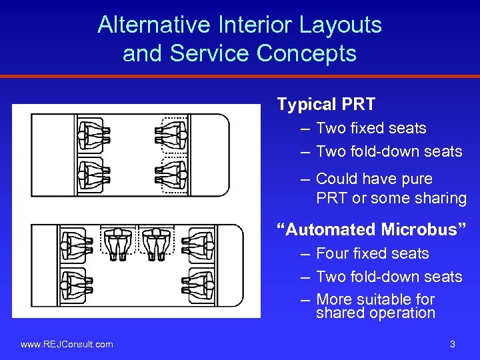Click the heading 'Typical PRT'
tap(326, 105)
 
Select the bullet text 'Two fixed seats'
tap(371, 128)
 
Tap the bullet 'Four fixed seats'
tap(372, 253)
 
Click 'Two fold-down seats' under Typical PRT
tap(389, 151)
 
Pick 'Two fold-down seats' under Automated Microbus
tap(389, 277)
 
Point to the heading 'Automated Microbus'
tap(372, 230)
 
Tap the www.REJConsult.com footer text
tap(67, 344)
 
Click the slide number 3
tap(453, 344)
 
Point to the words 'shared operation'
tap(375, 313)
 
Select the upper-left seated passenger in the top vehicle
tap(93, 135)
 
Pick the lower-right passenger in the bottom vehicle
tap(199, 285)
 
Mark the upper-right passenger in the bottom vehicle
tap(199, 245)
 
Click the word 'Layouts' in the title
tap(340, 25)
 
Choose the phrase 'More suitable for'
tap(375, 299)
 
